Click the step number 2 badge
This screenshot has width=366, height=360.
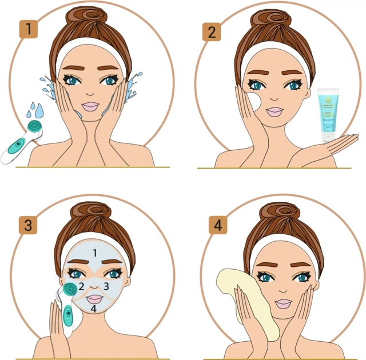click(211, 31)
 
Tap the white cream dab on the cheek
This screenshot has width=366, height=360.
click(254, 103)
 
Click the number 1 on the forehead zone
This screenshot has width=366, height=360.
click(96, 251)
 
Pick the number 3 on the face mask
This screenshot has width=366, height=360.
click(106, 286)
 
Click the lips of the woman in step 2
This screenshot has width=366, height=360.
click(275, 111)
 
